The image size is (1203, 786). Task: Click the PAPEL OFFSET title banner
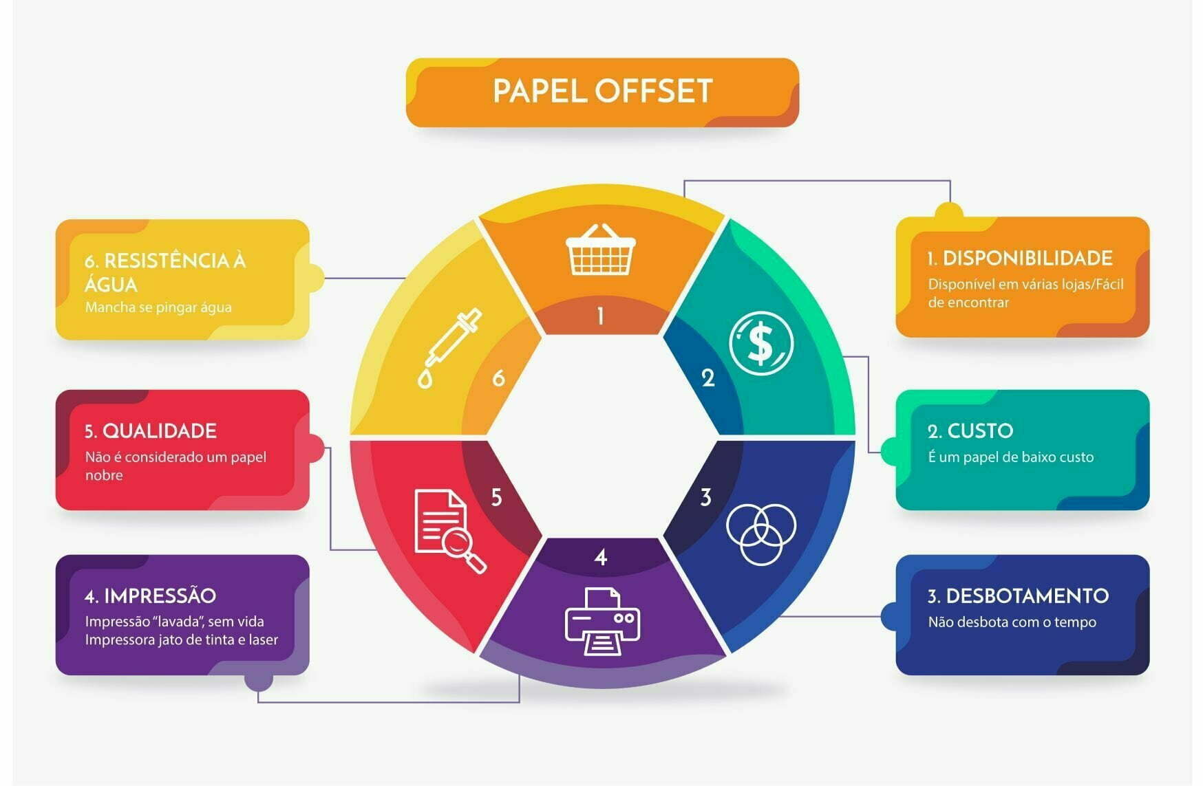tap(602, 91)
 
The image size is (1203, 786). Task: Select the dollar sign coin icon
tap(760, 343)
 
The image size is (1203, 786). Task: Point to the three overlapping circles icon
tap(760, 533)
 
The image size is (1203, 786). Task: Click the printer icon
tap(602, 621)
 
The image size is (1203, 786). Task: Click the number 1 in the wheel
tap(601, 316)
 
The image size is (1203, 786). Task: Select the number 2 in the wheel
tap(708, 378)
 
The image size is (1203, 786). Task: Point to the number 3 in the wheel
tap(705, 497)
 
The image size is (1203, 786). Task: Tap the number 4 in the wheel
tap(601, 557)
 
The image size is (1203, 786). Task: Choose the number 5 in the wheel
tap(496, 497)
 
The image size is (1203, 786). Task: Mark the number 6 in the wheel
tap(498, 378)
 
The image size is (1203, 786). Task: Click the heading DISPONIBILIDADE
tap(1027, 259)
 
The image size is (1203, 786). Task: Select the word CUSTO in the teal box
tap(980, 431)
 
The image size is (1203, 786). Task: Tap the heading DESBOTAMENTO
tap(1027, 596)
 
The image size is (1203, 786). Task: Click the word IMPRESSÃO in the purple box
tap(160, 596)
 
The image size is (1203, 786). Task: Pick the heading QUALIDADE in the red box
tap(159, 431)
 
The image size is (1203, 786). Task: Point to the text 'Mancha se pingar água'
tap(158, 307)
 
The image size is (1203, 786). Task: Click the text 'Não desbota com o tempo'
tap(1012, 622)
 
